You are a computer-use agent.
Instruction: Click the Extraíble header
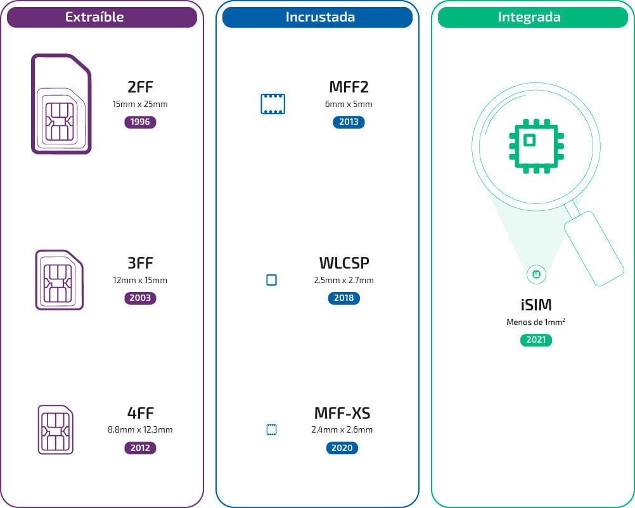102,18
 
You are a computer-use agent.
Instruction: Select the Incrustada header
317,18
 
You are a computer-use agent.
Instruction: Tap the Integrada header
532,18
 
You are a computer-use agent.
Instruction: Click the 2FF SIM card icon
61,105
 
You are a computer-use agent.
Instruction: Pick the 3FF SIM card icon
59,280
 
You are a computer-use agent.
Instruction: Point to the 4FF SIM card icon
56,429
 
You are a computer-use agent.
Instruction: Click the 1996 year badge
140,122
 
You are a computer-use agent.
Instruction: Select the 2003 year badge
140,298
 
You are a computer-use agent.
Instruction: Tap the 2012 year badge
140,448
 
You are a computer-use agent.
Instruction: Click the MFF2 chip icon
273,104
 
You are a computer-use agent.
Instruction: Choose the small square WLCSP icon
271,280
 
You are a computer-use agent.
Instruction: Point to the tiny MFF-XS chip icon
271,430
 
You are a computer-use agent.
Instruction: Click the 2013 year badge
349,122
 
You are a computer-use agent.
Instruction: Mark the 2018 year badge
344,298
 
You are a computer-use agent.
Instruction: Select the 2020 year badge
342,448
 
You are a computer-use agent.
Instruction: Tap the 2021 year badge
536,340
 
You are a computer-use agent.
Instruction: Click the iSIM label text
536,305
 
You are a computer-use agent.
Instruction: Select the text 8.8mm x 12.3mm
140,430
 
